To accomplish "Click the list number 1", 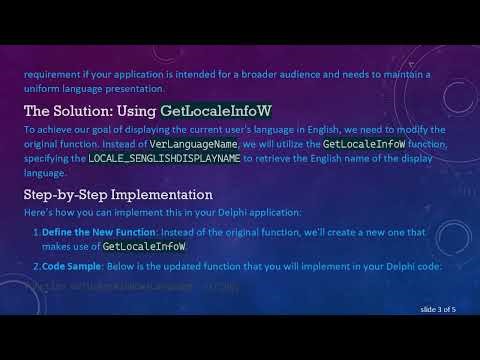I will pyautogui.click(x=34, y=232).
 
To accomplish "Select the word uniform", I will pyautogui.click(x=43, y=86).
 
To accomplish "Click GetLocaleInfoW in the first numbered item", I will pyautogui.click(x=145, y=246).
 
